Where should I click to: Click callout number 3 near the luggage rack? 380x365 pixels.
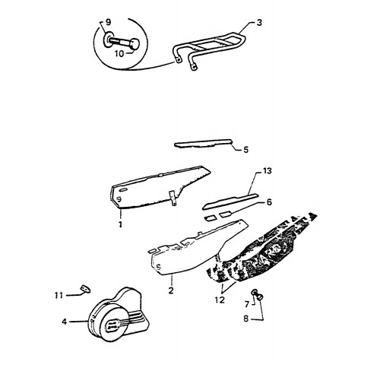coord(259,23)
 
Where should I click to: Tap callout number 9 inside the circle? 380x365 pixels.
coord(108,22)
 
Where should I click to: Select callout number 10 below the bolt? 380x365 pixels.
coord(119,53)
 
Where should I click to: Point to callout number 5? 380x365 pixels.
coord(245,150)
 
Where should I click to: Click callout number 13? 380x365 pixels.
coord(267,171)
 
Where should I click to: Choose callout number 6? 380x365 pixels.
coord(269,202)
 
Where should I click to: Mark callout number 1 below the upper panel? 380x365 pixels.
coord(120,224)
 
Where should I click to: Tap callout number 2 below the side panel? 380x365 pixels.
coord(171,290)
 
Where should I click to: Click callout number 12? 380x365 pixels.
coord(220,300)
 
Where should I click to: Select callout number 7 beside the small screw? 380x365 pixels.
coord(247,304)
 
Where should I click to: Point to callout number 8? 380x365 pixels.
coord(246,319)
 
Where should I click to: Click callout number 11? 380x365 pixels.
coord(59,295)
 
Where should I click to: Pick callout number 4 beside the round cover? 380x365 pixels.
coord(65,322)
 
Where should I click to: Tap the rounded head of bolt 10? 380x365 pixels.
coord(135,44)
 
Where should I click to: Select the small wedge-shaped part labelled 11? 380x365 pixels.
coord(85,289)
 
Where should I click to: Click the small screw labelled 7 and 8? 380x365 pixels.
coord(257,295)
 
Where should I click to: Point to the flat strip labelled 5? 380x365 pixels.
coord(203,143)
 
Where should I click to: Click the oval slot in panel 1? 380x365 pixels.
coord(123,190)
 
